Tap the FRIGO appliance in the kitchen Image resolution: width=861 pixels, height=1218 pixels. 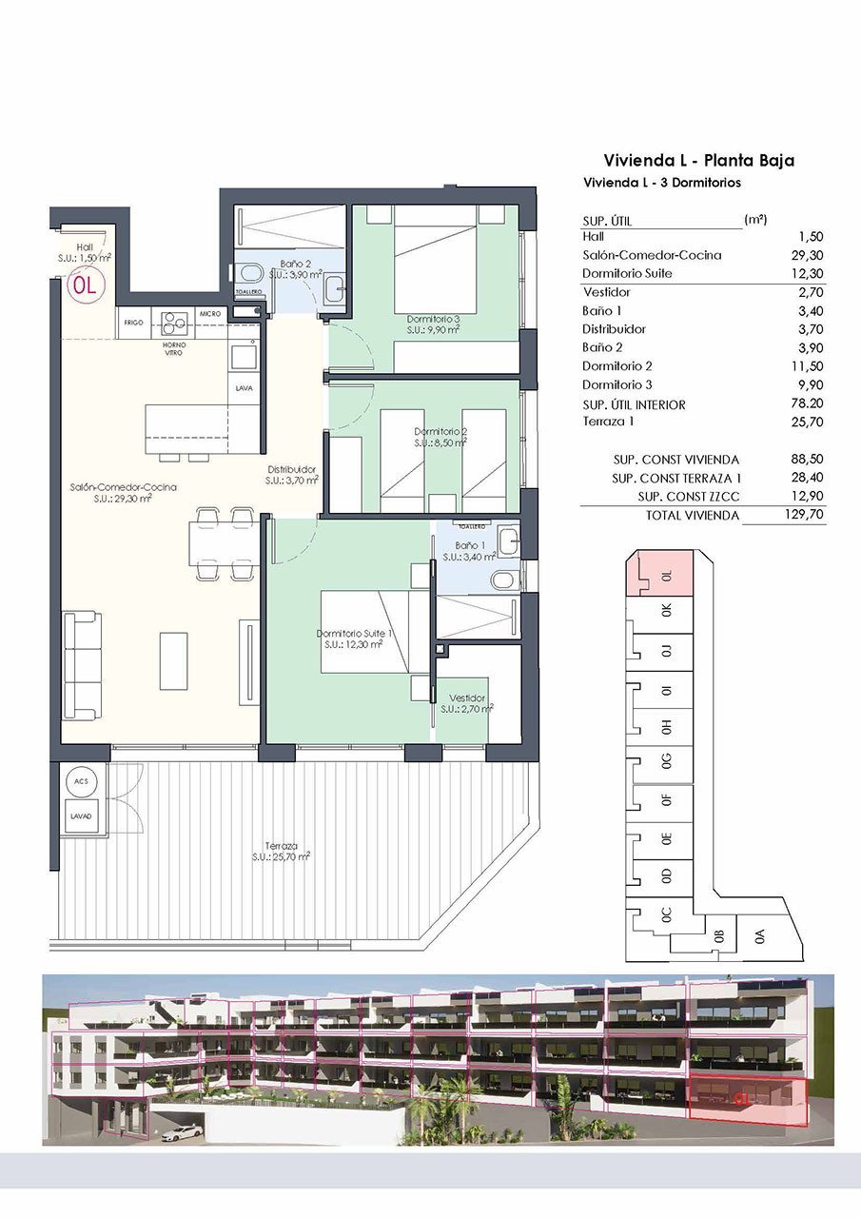point(133,324)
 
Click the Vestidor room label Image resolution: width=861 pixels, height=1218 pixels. point(467,697)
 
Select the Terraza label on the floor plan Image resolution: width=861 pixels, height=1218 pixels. point(283,845)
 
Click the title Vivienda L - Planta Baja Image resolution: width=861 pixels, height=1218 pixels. point(698,160)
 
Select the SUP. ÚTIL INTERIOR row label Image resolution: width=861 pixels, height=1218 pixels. point(634,404)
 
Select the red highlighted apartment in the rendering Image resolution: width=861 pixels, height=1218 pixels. point(747,1101)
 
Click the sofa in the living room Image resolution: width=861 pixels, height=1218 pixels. point(82,666)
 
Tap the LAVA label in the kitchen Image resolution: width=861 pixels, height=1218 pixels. point(244,387)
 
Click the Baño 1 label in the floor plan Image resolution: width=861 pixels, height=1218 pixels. point(471,545)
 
